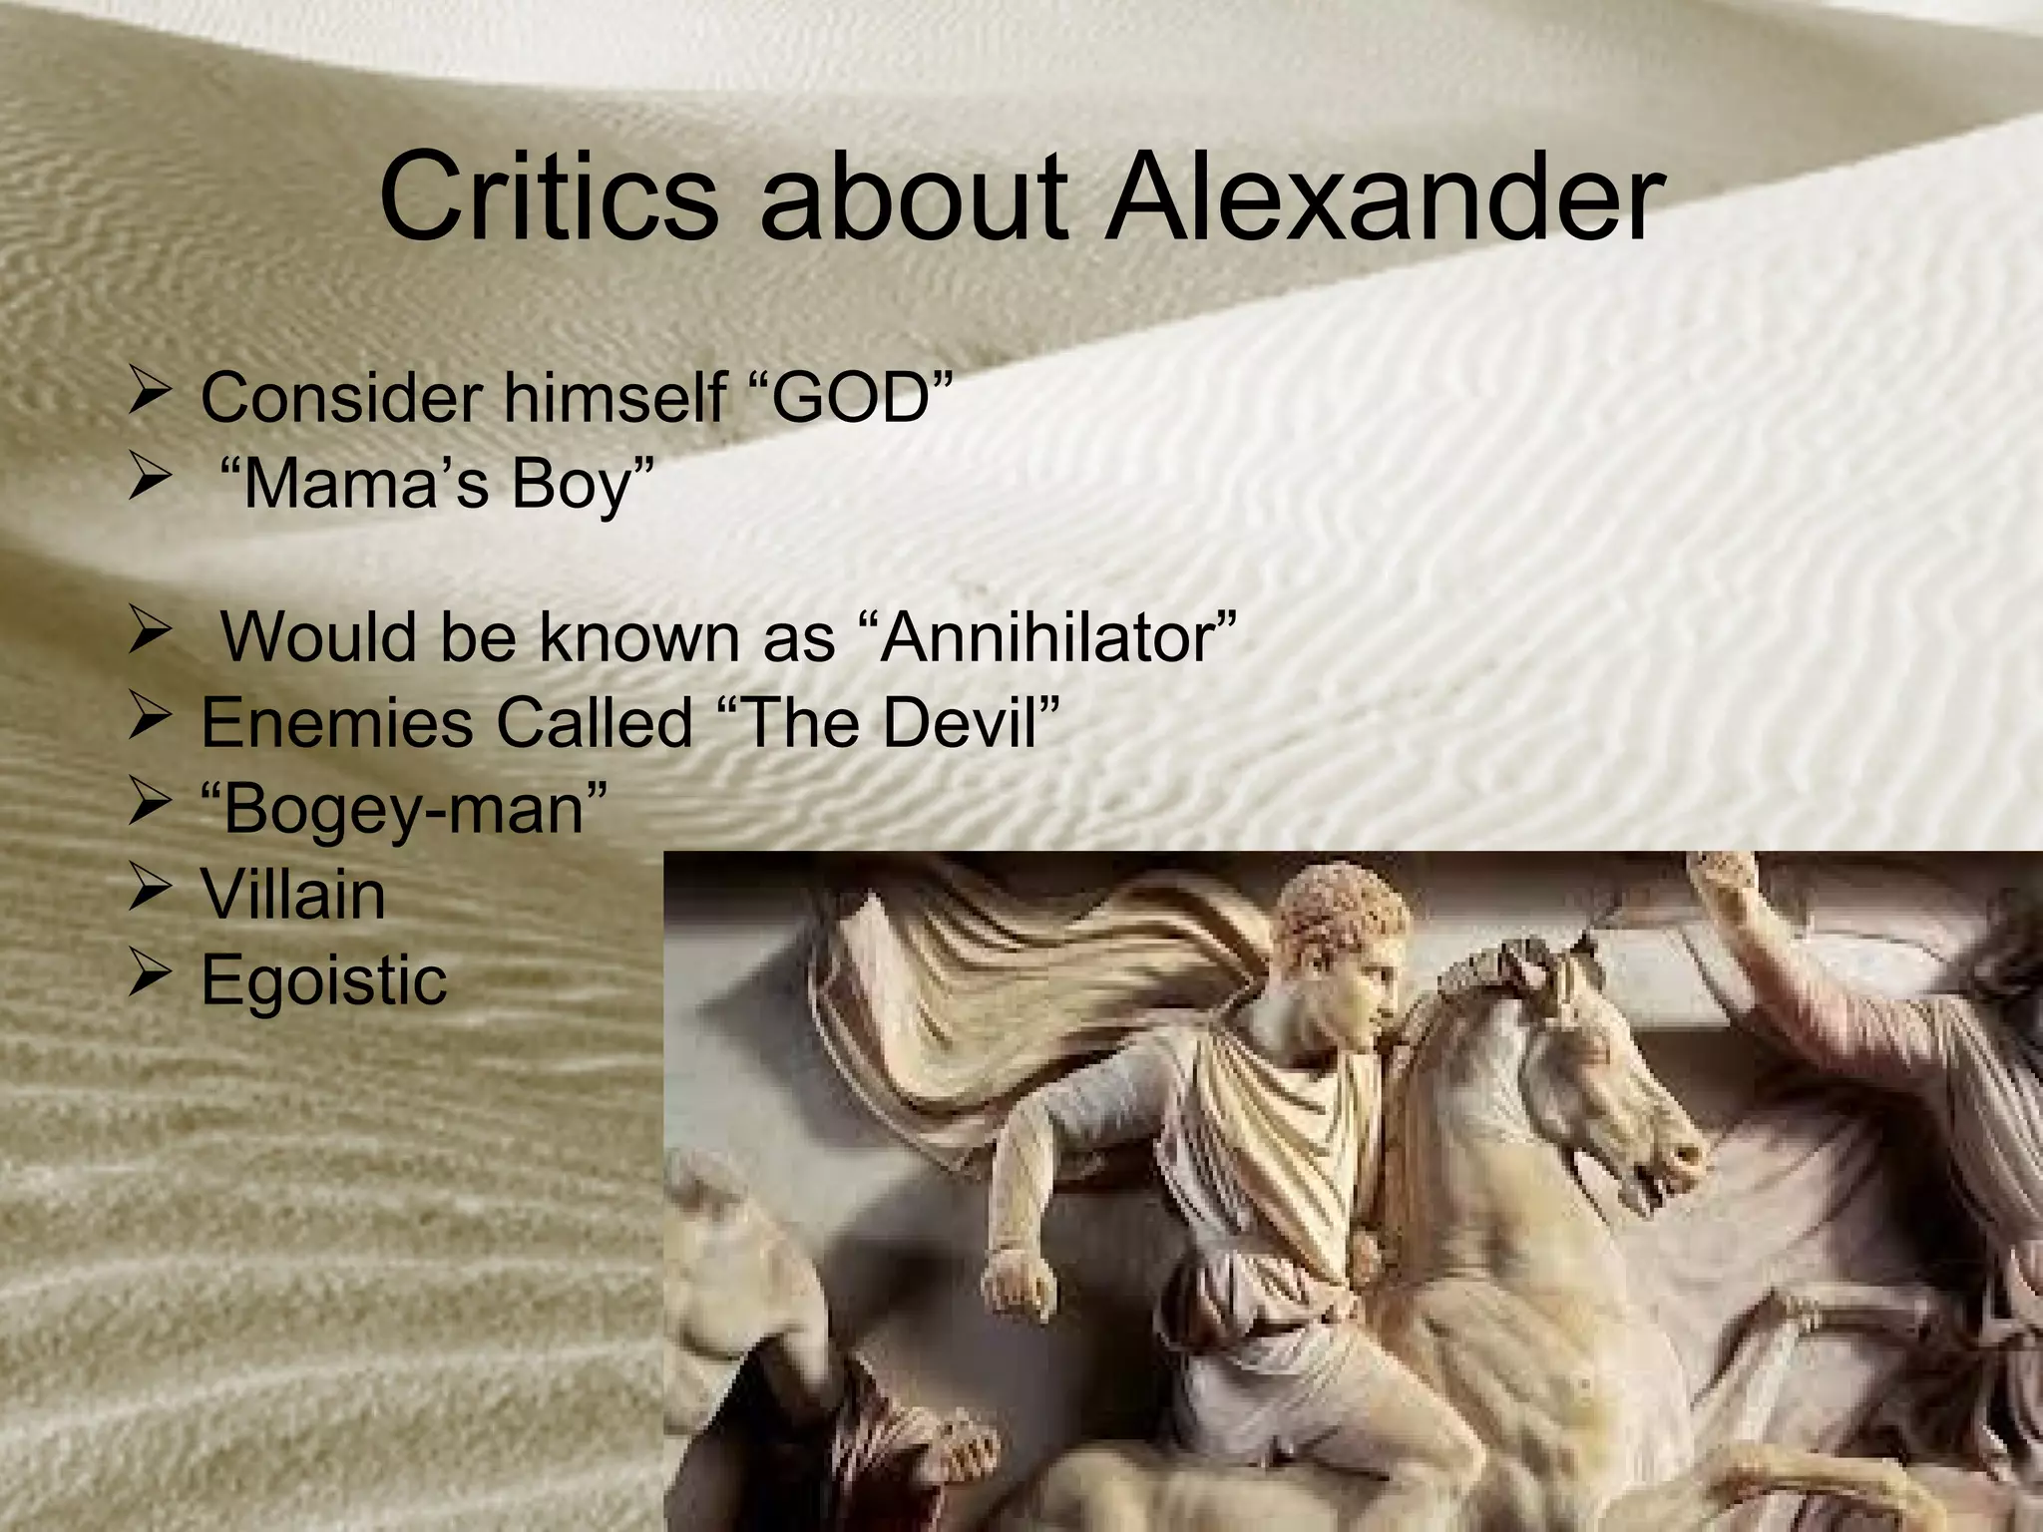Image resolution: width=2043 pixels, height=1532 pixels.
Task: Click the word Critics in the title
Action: [548, 196]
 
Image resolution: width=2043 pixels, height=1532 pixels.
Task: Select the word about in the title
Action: [914, 196]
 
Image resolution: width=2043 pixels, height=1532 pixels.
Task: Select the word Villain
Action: [293, 895]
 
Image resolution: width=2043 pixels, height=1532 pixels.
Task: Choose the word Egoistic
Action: [324, 980]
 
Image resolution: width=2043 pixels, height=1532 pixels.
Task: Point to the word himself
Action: [613, 397]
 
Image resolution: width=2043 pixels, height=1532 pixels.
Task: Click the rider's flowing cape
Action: [1047, 987]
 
